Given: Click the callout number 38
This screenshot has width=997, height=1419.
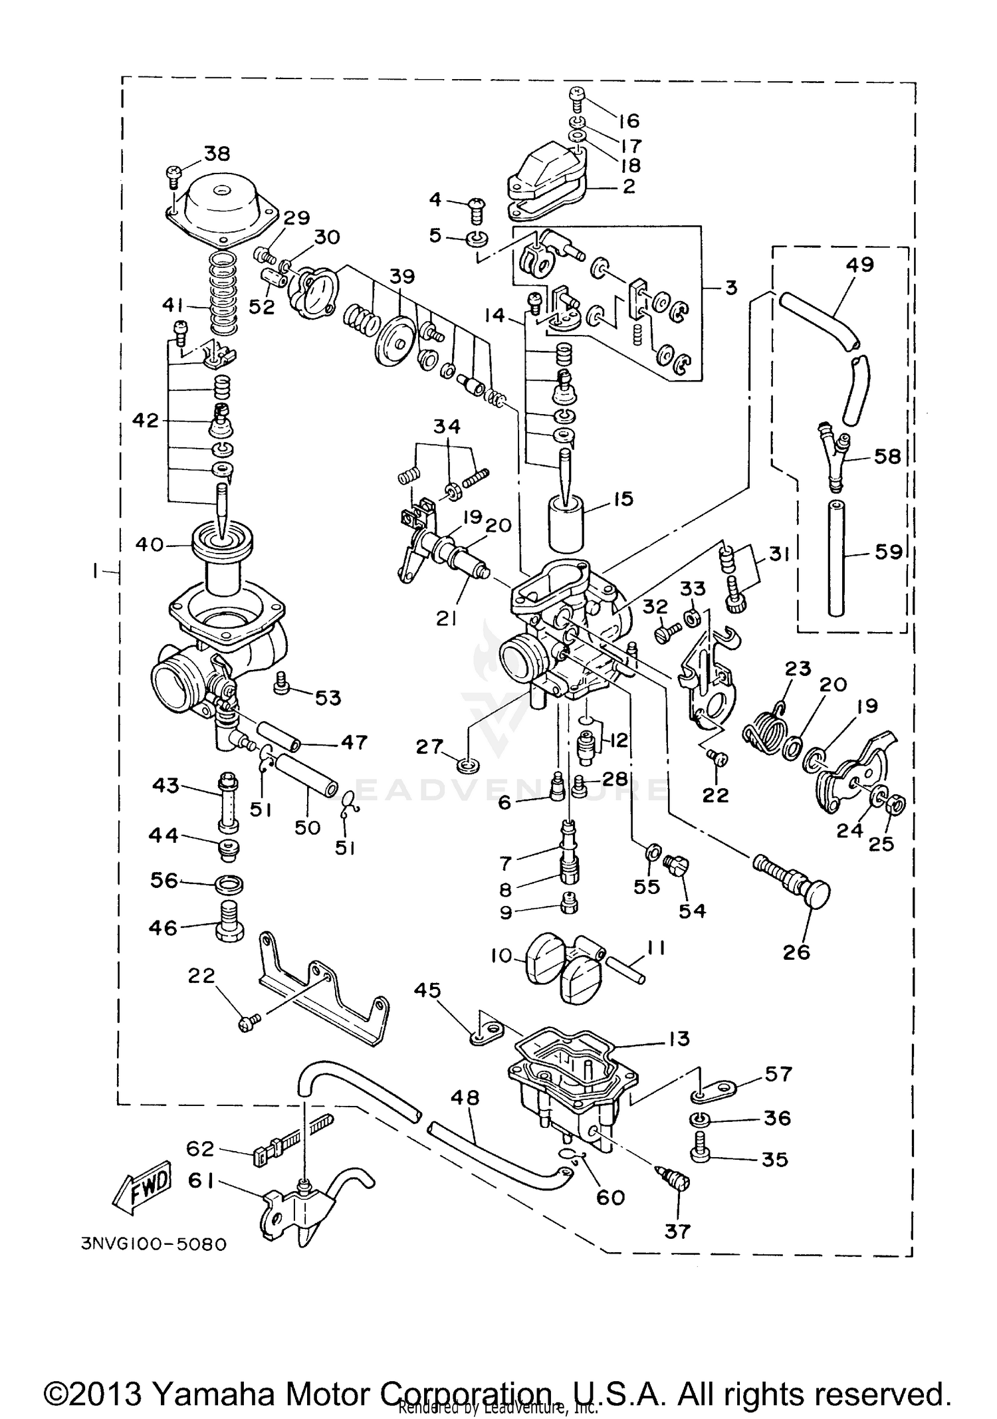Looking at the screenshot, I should tap(216, 154).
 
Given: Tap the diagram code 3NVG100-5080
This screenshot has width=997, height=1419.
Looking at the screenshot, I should tap(154, 1244).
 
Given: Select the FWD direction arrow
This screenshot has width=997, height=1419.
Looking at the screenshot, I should tap(142, 1186).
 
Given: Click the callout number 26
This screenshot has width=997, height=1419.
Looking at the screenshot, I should tap(796, 952).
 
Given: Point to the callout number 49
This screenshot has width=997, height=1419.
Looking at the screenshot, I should tap(859, 265).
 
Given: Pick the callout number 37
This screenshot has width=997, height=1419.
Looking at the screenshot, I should tap(677, 1231).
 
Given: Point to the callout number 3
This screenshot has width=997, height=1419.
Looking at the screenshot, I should tap(730, 288).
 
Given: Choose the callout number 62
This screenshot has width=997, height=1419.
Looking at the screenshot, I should tap(200, 1148).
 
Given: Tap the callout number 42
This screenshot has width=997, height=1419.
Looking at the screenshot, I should tap(146, 420).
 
